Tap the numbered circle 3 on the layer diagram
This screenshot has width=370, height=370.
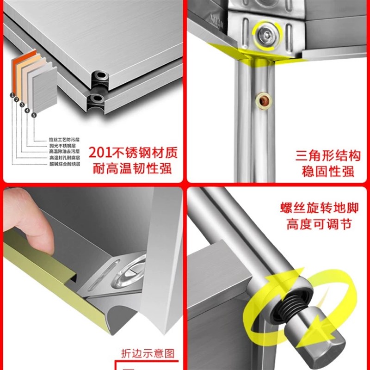click(22, 105)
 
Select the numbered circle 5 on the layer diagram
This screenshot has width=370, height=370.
click(34, 115)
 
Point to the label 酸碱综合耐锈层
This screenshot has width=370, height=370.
click(64, 164)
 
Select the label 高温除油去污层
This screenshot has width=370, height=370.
click(64, 152)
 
